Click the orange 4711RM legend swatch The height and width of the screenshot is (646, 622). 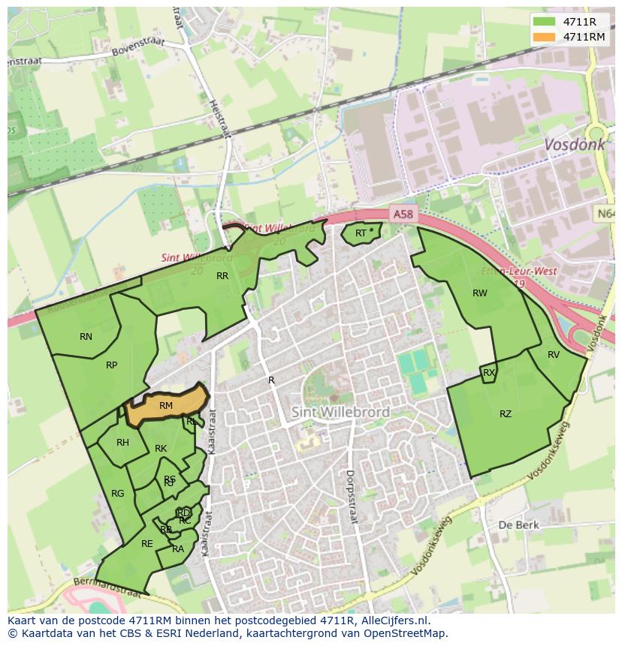tap(545, 36)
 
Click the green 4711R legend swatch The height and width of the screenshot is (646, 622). tap(545, 22)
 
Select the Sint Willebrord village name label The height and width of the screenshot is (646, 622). tap(340, 412)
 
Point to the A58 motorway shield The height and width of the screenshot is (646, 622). tap(403, 215)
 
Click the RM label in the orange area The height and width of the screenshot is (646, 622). tap(166, 406)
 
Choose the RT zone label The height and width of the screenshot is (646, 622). tap(361, 233)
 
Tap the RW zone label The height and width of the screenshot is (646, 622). tap(479, 293)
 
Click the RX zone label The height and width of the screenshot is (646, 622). tap(489, 373)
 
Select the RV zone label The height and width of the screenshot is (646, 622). tap(554, 355)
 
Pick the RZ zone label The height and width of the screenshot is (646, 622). tap(506, 414)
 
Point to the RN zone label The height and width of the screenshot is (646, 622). tap(86, 337)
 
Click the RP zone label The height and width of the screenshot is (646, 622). tap(111, 365)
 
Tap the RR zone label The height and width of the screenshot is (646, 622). tap(222, 276)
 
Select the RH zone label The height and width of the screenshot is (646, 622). tap(122, 443)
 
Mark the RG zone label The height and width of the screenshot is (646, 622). tap(117, 494)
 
